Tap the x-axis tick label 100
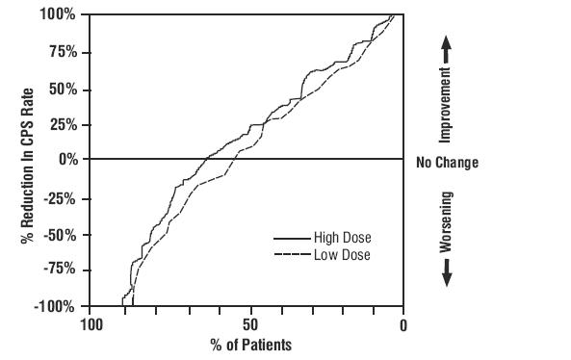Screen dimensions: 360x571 point(91,324)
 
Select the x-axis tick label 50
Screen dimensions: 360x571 point(249,324)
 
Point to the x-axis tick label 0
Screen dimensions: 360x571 point(403,324)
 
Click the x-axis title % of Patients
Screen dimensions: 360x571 point(249,344)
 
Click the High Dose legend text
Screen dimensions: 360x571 point(342,238)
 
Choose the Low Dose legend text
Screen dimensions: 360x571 point(341,255)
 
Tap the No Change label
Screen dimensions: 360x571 point(447,163)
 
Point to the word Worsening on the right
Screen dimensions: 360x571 point(446,222)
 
